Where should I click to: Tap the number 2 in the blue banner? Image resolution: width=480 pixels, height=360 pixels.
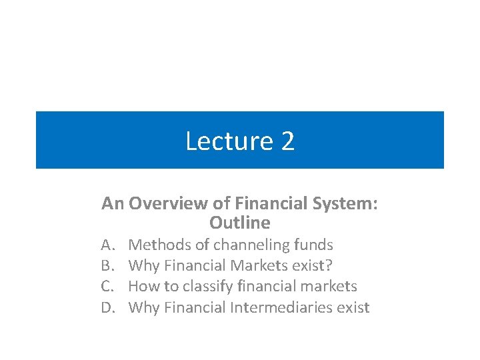point(287,141)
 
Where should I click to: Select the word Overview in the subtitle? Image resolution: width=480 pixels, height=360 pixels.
point(158,203)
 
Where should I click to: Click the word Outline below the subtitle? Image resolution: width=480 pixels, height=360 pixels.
point(240,222)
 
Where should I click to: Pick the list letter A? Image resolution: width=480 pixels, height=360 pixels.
point(107,245)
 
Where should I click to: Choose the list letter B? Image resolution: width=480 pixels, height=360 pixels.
point(107,265)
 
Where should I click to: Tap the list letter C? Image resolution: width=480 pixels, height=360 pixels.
point(107,287)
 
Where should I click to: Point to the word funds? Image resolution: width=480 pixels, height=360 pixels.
point(313,245)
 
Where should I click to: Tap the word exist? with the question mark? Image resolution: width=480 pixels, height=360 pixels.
point(312,265)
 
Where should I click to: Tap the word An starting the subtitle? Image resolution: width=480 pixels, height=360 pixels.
point(113,203)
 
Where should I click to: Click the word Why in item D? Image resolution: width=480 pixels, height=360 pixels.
point(143,307)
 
